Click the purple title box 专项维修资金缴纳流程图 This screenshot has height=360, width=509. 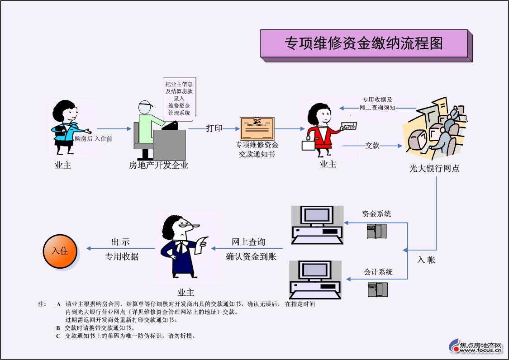(x=364, y=43)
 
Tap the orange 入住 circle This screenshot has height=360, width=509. (x=60, y=251)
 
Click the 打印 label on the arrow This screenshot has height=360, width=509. (x=214, y=128)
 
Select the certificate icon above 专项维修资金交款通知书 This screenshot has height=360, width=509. (x=257, y=128)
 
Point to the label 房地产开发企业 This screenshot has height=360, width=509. (x=158, y=166)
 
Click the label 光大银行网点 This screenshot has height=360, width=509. (x=434, y=169)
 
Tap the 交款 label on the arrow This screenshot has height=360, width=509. (x=372, y=146)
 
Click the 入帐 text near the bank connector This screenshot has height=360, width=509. (x=426, y=260)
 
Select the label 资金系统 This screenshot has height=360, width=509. (x=376, y=214)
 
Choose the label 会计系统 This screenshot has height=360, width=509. (x=378, y=272)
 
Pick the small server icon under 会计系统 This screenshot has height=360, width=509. (x=377, y=289)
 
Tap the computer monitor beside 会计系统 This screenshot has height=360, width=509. (x=315, y=279)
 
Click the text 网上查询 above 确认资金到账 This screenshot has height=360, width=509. (x=248, y=242)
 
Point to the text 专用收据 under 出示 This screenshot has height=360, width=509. (x=122, y=256)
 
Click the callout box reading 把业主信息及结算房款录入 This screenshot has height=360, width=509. (x=179, y=97)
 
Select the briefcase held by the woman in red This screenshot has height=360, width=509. (x=308, y=145)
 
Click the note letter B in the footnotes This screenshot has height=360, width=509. (x=58, y=328)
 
